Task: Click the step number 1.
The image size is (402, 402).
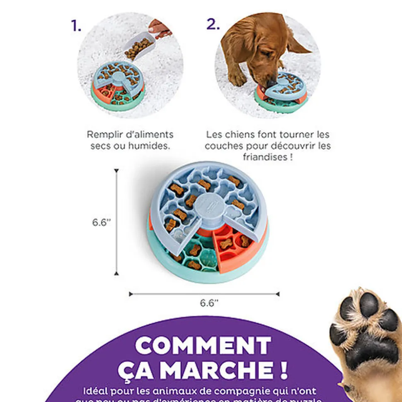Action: [76, 26]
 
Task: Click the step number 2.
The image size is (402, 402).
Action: [213, 24]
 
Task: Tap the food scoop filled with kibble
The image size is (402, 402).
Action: [139, 47]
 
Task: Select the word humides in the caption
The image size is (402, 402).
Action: [152, 146]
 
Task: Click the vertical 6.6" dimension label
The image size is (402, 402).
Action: [102, 222]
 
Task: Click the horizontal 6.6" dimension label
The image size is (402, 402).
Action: [209, 303]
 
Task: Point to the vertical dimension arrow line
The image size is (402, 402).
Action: [116, 222]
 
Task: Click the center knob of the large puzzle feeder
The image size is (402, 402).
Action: [207, 205]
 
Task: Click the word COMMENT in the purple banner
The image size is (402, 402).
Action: [203, 345]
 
